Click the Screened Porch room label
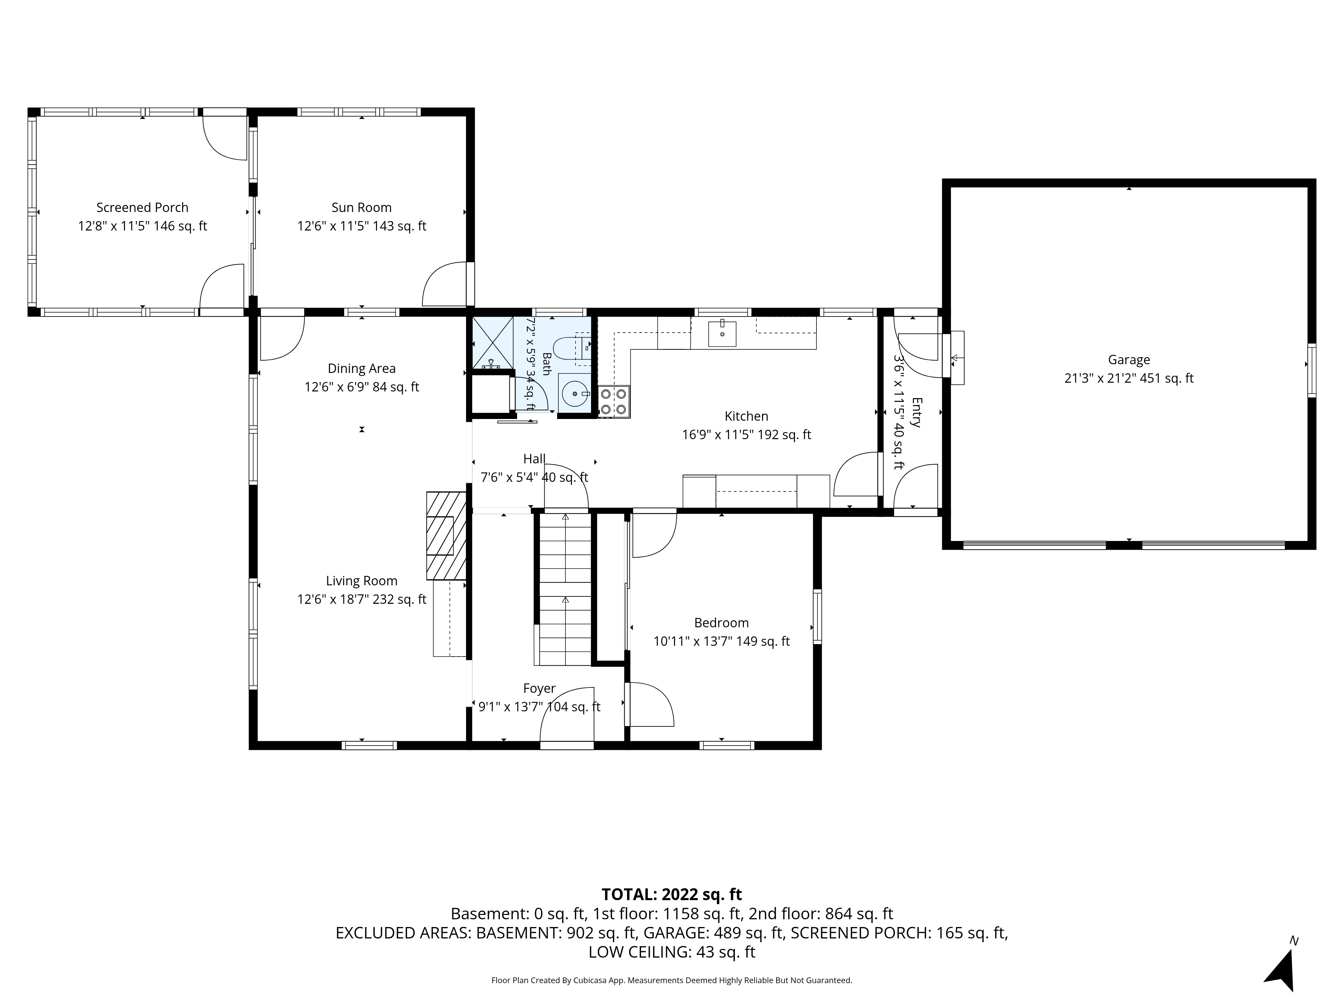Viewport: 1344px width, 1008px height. [x=142, y=208]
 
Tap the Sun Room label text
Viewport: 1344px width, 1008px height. [x=362, y=208]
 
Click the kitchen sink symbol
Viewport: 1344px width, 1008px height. [x=722, y=333]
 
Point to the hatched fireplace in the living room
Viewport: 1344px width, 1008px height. [x=447, y=535]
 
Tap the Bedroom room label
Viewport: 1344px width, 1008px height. [x=721, y=623]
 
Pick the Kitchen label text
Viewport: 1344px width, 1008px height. [x=747, y=416]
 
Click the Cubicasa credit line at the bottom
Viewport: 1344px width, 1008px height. [x=671, y=980]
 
